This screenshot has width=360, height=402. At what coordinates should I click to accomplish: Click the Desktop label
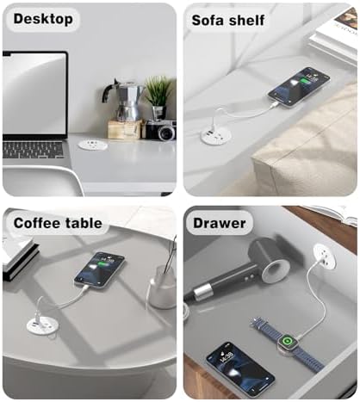click(x=43, y=19)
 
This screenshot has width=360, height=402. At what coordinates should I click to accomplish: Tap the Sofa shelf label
click(x=228, y=21)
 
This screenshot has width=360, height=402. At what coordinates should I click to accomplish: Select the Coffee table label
click(x=58, y=223)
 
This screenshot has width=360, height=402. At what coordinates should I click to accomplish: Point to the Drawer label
click(x=220, y=223)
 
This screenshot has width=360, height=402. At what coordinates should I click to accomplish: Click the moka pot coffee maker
click(x=124, y=100)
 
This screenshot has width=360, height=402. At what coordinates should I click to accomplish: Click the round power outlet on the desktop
click(x=93, y=145)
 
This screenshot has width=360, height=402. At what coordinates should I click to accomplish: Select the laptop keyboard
click(x=33, y=150)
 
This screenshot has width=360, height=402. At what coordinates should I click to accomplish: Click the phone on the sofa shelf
click(x=299, y=87)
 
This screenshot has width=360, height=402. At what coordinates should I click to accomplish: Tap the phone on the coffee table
click(x=99, y=269)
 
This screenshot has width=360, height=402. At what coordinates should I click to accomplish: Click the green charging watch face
click(x=286, y=341)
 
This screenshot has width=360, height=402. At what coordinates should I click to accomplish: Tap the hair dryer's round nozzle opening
click(x=276, y=271)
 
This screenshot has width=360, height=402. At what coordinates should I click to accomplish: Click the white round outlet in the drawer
click(x=325, y=255)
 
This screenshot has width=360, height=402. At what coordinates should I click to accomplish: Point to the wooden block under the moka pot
click(x=125, y=129)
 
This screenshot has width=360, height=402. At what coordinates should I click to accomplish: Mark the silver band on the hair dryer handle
click(x=203, y=292)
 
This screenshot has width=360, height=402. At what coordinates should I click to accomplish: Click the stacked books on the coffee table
click(x=20, y=257)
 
